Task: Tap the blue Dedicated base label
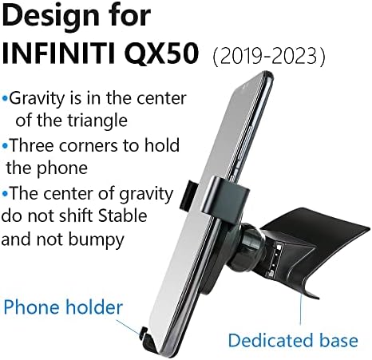292,340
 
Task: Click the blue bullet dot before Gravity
6,100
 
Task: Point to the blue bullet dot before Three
6,147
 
